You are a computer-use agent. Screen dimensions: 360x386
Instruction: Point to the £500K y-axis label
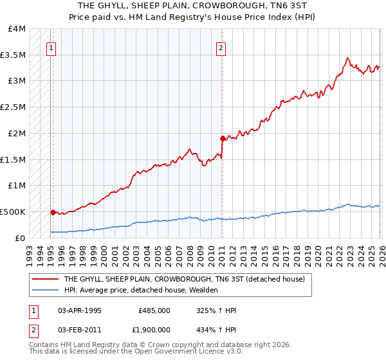click(x=13, y=212)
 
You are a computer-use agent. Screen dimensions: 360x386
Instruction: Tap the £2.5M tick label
click(x=13, y=107)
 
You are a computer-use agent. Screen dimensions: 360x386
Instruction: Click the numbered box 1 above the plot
click(x=51, y=47)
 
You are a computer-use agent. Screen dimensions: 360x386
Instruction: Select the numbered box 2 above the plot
click(x=221, y=47)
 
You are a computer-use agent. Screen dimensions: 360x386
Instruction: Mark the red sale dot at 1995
click(x=53, y=212)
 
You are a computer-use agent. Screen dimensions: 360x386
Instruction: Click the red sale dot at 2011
click(x=222, y=138)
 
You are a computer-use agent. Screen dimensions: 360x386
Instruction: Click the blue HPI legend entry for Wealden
click(x=141, y=290)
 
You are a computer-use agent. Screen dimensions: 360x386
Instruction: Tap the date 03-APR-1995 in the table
click(x=80, y=310)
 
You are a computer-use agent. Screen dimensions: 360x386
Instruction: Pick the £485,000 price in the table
click(x=154, y=310)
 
